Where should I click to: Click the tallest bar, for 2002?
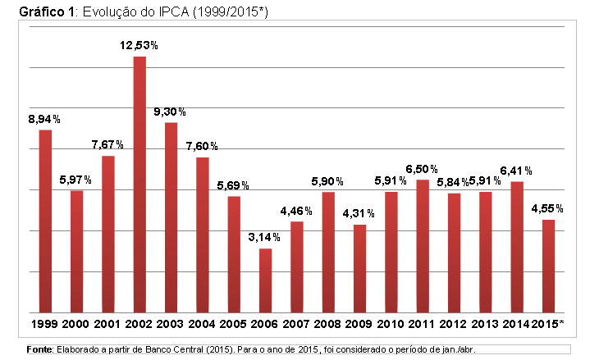(x=139, y=185)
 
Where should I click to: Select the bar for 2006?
(x=265, y=280)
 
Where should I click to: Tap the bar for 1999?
(x=45, y=221)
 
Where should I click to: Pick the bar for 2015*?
(x=548, y=266)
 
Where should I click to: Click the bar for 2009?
(x=359, y=268)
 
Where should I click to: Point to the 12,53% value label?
(x=139, y=45)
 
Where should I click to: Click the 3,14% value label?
(x=265, y=237)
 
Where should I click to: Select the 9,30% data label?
(x=171, y=111)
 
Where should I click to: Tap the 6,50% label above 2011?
(x=422, y=169)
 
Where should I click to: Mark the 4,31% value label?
(x=359, y=213)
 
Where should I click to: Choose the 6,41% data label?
(x=516, y=171)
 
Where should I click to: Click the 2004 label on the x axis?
(x=202, y=325)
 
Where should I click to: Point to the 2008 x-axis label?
(x=327, y=325)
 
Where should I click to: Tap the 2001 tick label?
(x=107, y=325)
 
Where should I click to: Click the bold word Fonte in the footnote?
(x=39, y=349)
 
